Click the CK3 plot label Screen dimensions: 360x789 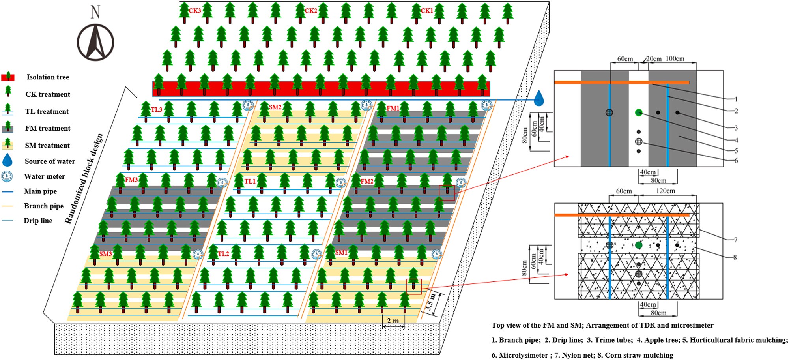(x=195, y=11)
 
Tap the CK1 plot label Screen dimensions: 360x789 (x=427, y=11)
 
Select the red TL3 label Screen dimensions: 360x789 (x=157, y=109)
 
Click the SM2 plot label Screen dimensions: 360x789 (x=275, y=107)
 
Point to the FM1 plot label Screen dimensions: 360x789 (x=393, y=108)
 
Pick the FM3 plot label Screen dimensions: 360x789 (x=131, y=180)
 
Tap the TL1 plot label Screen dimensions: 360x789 (x=250, y=181)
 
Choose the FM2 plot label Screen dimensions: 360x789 (x=367, y=181)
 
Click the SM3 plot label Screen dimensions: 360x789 (x=105, y=253)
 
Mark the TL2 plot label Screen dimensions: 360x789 (x=223, y=254)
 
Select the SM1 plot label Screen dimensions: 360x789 (x=341, y=252)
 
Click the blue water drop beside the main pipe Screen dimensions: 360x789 (x=538, y=98)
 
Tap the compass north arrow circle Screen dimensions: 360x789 (x=95, y=42)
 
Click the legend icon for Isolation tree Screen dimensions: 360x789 (x=8, y=77)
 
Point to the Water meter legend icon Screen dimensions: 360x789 (x=7, y=176)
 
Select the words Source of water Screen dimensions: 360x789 (x=50, y=161)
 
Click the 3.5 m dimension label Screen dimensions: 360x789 (x=431, y=302)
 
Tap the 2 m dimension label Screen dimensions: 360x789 (x=393, y=321)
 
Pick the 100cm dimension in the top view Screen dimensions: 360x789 (x=675, y=59)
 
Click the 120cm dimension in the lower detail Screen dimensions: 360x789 (x=666, y=191)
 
